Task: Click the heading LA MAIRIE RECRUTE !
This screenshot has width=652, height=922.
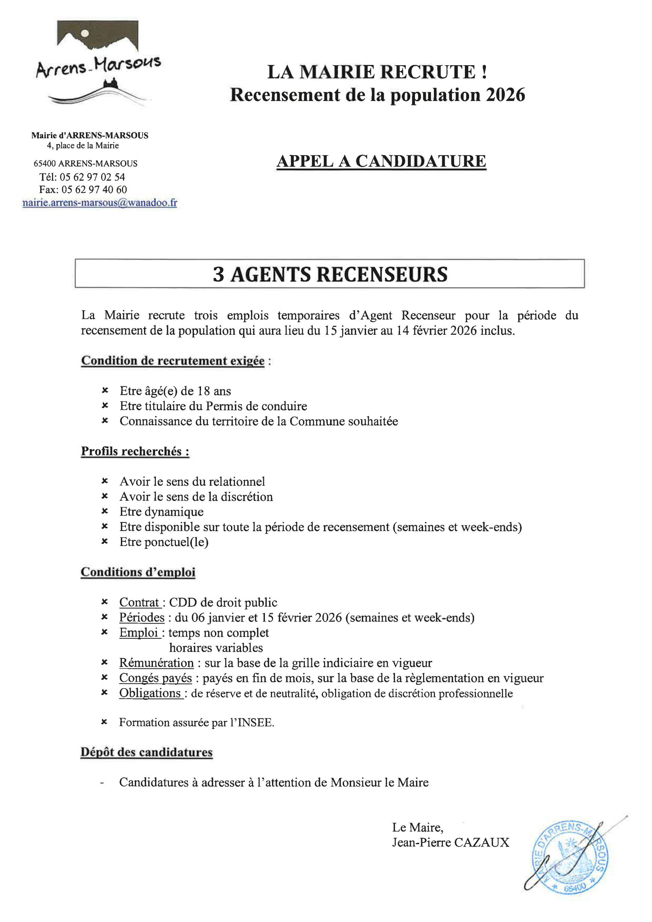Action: (x=377, y=72)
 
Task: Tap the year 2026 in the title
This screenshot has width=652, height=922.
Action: (x=505, y=95)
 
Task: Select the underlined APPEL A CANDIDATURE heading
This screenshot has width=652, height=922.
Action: (x=381, y=161)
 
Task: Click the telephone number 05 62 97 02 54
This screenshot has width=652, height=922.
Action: (x=92, y=177)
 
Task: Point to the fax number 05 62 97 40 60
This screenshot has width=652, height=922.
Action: (x=94, y=190)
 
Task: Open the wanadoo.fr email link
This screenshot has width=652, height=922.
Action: (x=99, y=203)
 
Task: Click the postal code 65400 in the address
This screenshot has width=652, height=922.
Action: (x=44, y=163)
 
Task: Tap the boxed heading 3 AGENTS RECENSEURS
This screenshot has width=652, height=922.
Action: (x=330, y=274)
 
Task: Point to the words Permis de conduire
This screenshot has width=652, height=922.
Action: (x=256, y=406)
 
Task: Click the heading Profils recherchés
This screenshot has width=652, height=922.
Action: (x=135, y=451)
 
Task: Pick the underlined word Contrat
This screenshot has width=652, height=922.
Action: (x=139, y=602)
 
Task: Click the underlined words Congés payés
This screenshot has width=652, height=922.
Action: (x=156, y=678)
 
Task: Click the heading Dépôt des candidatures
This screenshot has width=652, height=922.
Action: (x=147, y=752)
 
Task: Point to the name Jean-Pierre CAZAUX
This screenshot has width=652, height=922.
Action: (x=451, y=842)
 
